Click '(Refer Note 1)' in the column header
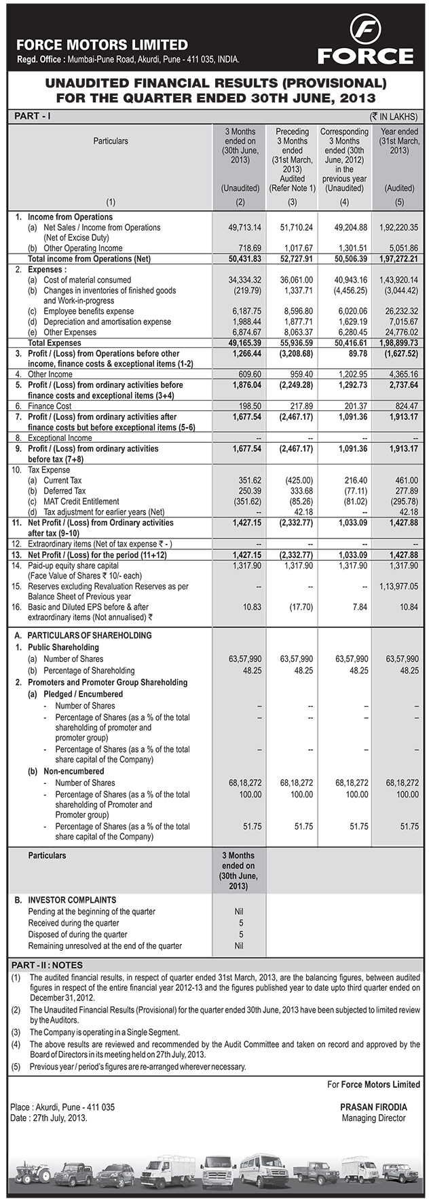293,188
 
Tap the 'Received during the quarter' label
73,923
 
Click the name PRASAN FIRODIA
373,1107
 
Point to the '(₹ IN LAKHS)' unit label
394,117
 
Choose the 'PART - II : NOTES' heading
48,965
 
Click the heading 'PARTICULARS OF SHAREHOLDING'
89,635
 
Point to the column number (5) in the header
398,202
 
